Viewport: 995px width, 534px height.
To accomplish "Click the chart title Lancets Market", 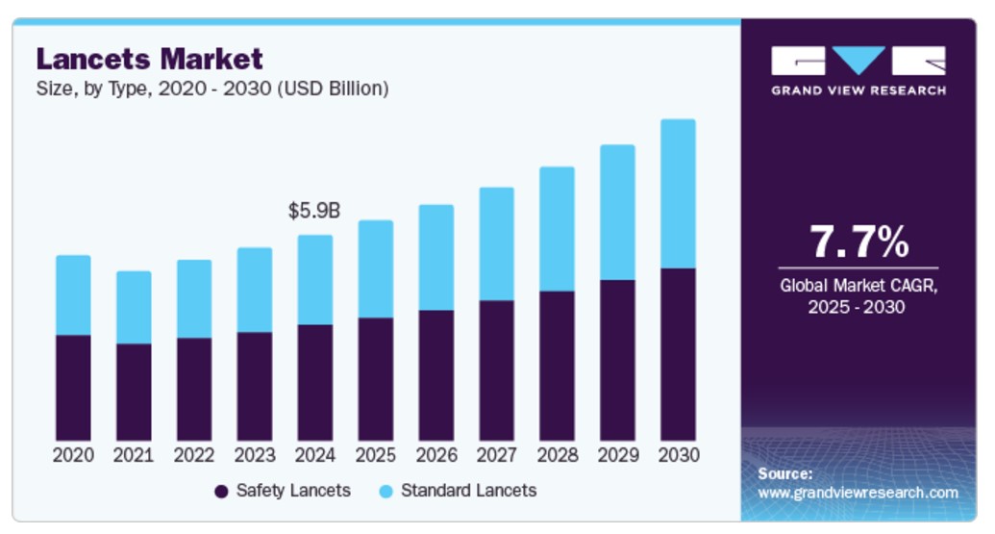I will (149, 59).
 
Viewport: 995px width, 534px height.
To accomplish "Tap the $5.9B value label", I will (315, 211).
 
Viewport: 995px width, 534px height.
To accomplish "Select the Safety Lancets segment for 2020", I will (73, 388).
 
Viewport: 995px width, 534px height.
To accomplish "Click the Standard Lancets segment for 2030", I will (678, 193).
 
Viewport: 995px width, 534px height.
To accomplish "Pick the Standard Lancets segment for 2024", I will (315, 280).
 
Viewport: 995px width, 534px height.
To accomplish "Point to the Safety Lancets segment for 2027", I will (496, 370).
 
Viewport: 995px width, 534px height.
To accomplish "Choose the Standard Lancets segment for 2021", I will (134, 307).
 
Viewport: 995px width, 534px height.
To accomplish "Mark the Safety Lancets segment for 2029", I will (617, 361).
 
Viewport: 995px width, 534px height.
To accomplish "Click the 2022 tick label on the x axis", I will (194, 455).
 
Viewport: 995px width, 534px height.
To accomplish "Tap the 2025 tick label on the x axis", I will (375, 455).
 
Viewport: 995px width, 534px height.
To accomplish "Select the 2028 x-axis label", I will (557, 455).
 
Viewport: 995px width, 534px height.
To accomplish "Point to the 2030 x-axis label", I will (678, 455).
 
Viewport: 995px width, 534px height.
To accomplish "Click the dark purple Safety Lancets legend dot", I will (221, 492).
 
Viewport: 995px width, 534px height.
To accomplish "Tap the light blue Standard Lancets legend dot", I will (386, 492).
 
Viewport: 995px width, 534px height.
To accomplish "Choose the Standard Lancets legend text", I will (468, 491).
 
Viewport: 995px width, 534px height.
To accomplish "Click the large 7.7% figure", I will (858, 241).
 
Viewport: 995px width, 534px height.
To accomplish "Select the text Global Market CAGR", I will (858, 286).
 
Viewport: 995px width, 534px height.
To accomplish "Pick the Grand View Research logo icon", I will (858, 61).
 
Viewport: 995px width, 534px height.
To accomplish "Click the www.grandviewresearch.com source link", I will (858, 493).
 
